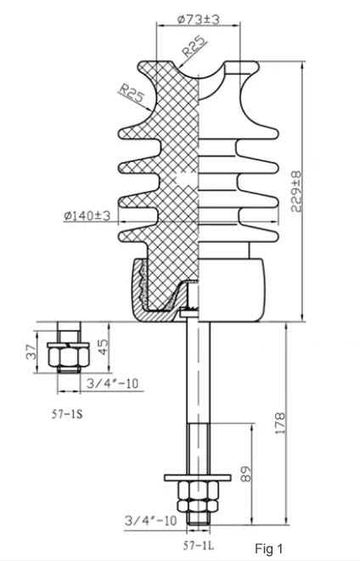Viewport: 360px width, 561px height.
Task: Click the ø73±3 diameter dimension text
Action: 198,19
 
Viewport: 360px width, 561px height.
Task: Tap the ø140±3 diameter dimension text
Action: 87,216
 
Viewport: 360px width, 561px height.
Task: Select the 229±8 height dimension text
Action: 296,192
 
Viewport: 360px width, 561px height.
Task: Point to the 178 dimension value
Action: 280,424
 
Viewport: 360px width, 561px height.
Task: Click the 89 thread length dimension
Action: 246,474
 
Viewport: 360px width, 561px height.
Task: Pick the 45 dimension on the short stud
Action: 103,346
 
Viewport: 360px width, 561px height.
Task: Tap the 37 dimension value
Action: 31,351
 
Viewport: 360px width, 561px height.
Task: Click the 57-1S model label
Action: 67,414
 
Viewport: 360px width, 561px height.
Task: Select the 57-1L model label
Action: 199,545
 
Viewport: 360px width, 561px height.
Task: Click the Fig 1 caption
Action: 269,548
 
